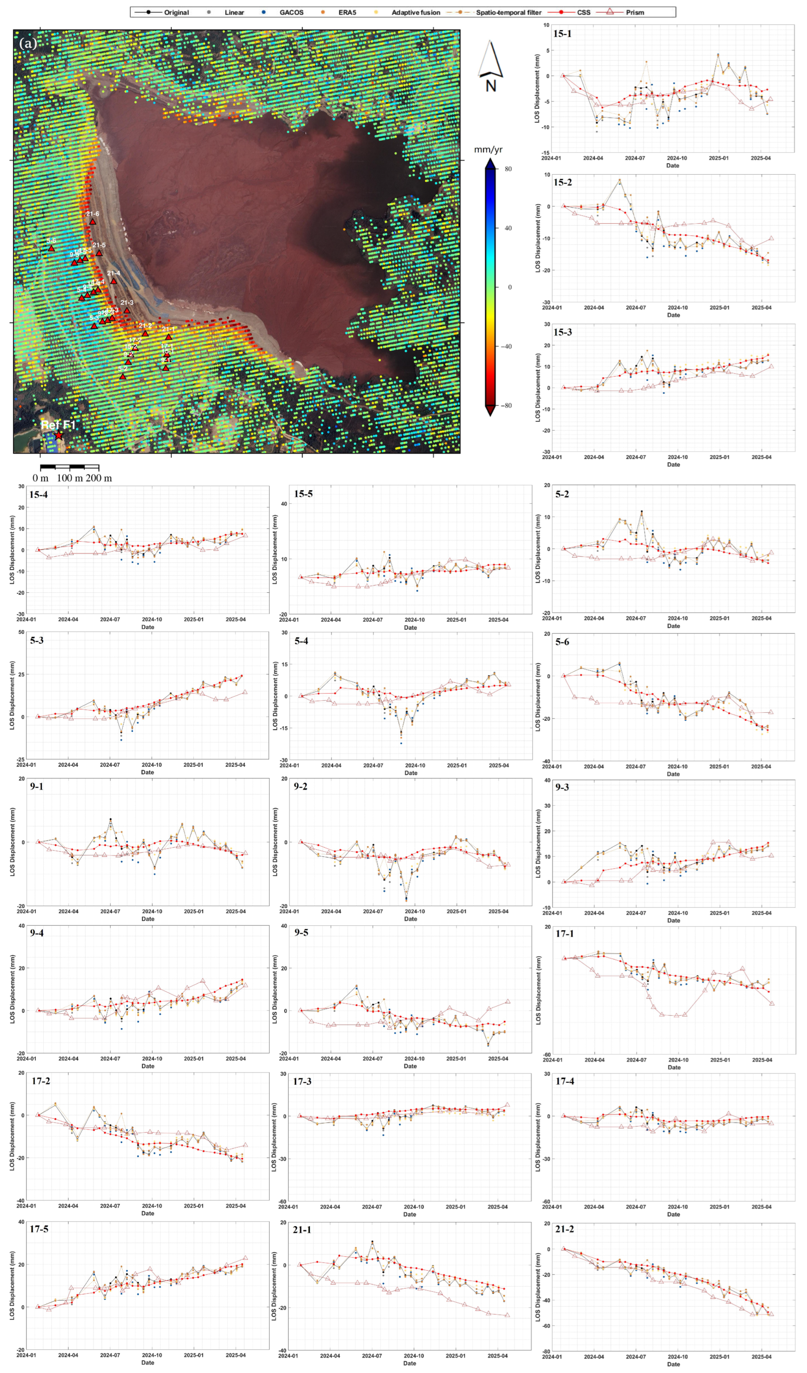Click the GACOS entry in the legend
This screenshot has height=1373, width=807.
coord(291,12)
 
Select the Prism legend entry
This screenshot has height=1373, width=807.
coord(634,12)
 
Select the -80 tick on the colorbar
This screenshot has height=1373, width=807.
coord(508,406)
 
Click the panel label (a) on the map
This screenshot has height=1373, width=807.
coord(28,43)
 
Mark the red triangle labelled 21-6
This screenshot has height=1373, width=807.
coord(93,222)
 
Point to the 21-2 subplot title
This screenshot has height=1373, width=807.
coord(565,1229)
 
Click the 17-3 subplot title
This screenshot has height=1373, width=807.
coord(303,1081)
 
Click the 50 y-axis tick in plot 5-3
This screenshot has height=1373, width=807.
coord(21,632)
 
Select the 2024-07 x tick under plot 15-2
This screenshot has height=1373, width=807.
coord(635,307)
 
